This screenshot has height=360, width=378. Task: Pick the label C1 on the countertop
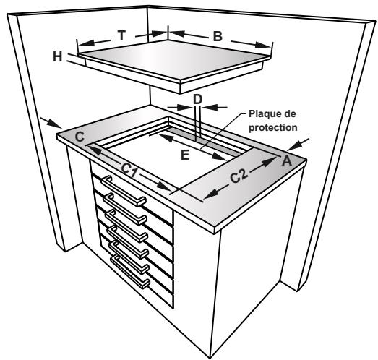(130, 170)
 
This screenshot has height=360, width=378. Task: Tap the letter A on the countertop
(286, 160)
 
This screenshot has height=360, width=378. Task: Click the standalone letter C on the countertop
(80, 136)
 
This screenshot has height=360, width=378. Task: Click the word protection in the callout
(272, 127)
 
